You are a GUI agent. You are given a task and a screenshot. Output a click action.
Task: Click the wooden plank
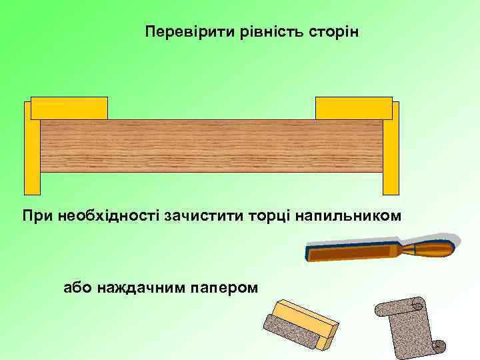pyautogui.click(x=212, y=146)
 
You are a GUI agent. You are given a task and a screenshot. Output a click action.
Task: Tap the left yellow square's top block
pyautogui.click(x=69, y=108)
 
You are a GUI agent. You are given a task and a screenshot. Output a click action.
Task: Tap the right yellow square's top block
pyautogui.click(x=353, y=108)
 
